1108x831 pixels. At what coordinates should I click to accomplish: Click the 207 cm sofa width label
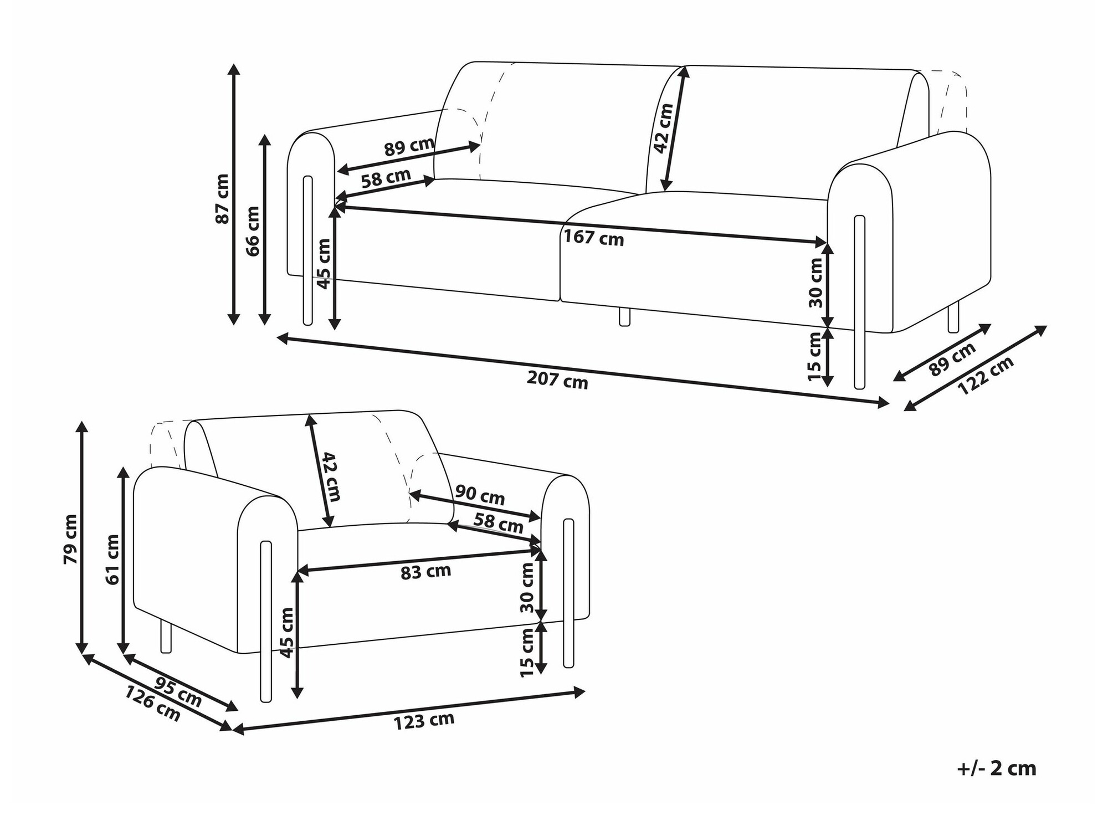pos(557,380)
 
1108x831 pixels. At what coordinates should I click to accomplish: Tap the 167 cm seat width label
pos(594,238)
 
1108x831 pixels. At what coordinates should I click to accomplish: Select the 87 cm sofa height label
pos(222,198)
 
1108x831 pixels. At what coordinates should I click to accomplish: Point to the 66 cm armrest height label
pos(253,230)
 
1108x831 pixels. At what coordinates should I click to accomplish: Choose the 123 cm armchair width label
pos(424,721)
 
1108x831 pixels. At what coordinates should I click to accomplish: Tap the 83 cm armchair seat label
pos(425,571)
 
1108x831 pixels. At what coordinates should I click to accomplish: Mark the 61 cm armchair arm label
pos(112,560)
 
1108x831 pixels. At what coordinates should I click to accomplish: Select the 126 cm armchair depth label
pos(152,704)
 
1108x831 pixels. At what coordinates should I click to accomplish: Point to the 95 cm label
pos(177,691)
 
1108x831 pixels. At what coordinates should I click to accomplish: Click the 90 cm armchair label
pos(480,494)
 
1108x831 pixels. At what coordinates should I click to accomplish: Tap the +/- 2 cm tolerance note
pos(996,768)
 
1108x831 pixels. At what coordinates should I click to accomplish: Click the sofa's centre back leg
pos(624,317)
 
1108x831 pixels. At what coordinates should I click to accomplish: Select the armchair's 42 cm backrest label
pos(331,476)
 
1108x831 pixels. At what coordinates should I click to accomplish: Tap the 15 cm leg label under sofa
pos(814,356)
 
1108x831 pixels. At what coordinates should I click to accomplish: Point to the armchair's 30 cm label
pos(527,588)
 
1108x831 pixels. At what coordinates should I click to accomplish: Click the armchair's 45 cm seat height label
pos(286,633)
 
